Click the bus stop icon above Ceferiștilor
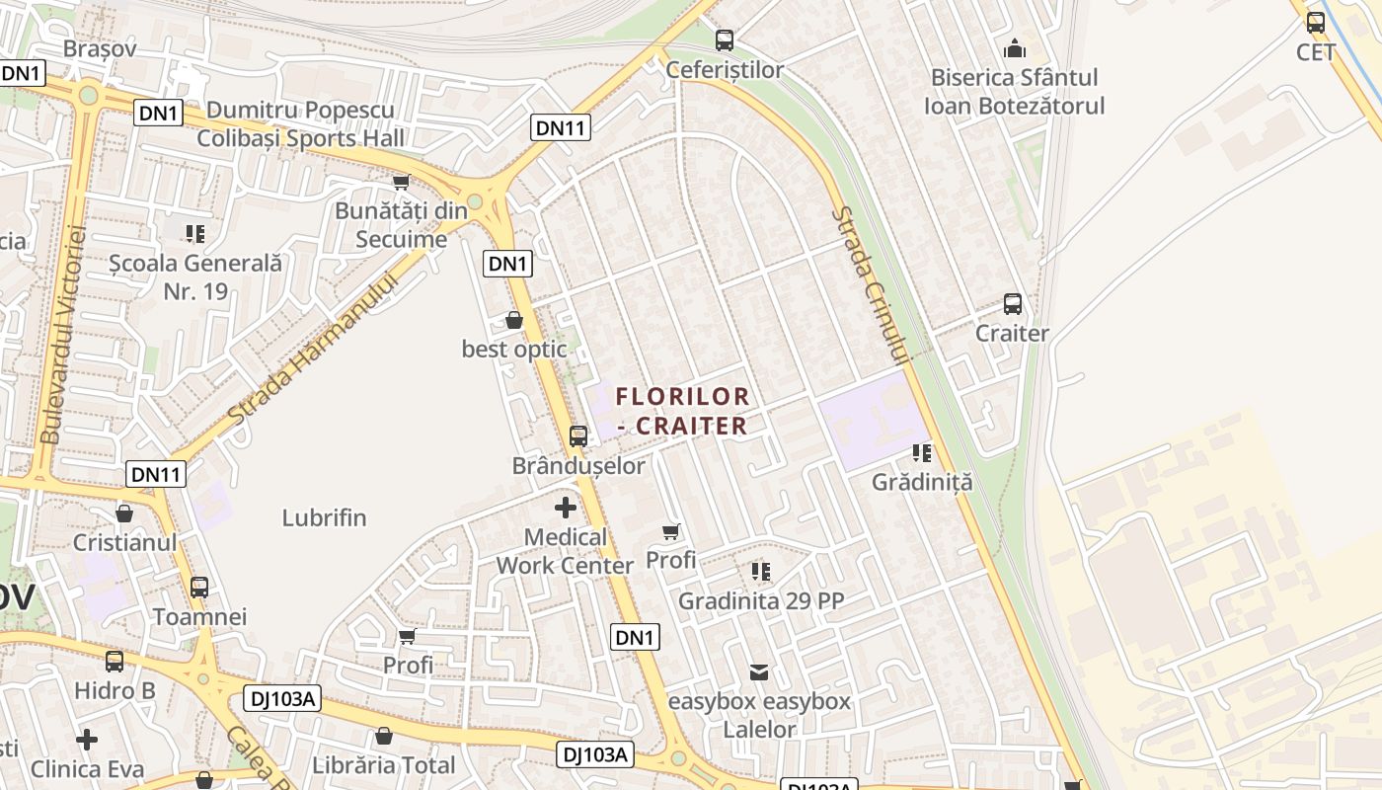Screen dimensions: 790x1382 (x=725, y=40)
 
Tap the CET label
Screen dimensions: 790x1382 (x=1316, y=51)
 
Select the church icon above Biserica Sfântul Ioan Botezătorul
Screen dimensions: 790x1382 (x=1014, y=47)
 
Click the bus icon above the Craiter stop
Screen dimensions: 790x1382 (x=1013, y=304)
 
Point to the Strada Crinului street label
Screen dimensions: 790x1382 (x=870, y=286)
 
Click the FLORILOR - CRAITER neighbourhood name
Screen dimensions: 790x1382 (x=682, y=411)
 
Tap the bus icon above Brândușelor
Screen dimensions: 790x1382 (x=578, y=435)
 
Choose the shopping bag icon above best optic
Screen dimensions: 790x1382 (x=514, y=320)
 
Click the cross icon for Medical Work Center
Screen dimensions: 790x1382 (x=566, y=509)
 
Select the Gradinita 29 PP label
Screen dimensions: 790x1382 (x=761, y=600)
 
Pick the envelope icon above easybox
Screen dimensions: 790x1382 (x=759, y=672)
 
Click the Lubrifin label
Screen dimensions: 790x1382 (x=324, y=517)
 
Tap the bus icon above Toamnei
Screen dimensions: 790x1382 (x=199, y=588)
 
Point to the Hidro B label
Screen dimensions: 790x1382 (x=115, y=690)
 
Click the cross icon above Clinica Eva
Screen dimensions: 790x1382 (x=87, y=739)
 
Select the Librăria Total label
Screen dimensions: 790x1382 (x=384, y=765)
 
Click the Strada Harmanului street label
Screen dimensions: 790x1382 (x=313, y=350)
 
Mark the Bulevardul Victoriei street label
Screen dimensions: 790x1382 (x=65, y=336)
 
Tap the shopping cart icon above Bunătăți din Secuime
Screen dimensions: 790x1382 (x=401, y=182)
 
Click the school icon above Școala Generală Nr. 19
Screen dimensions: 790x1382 (x=195, y=234)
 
